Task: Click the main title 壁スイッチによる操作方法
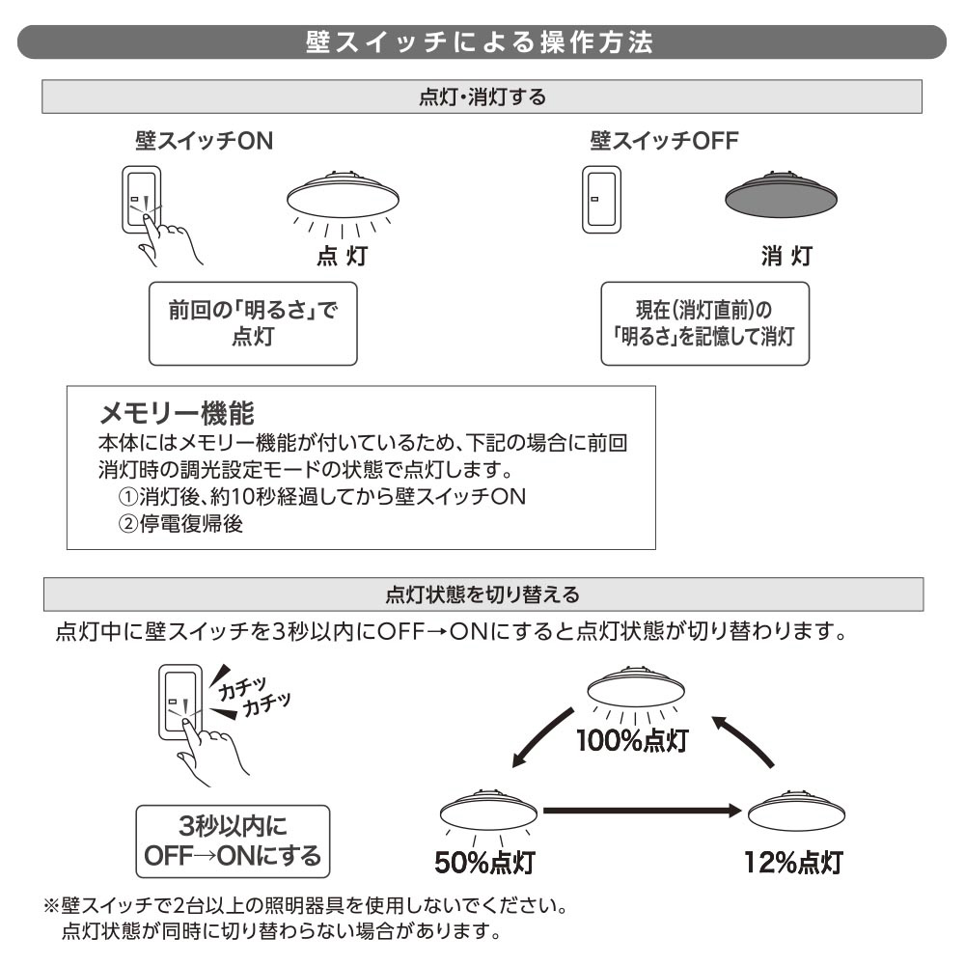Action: tap(482, 42)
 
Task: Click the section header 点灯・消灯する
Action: tap(482, 97)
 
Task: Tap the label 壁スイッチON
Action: tap(204, 141)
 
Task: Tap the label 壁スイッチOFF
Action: tap(664, 141)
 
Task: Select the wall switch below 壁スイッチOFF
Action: tap(598, 200)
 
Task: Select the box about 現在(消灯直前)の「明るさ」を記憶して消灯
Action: tap(704, 323)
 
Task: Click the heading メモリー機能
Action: tap(177, 414)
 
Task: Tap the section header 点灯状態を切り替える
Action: tap(482, 593)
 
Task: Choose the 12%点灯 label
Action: tap(794, 861)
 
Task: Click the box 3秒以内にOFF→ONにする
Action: tap(233, 841)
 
